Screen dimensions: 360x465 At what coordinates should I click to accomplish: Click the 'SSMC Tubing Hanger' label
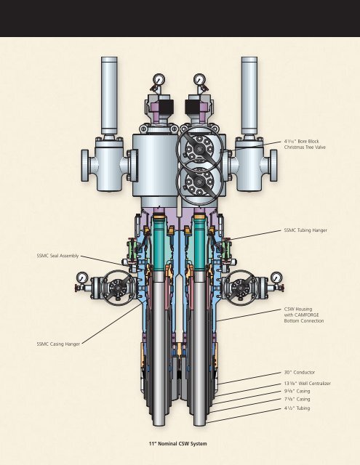[305, 230]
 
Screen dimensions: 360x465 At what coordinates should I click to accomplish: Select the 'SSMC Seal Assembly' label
[58, 256]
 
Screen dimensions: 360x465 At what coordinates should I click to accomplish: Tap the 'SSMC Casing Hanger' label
[58, 344]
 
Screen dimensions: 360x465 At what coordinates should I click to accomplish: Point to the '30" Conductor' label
[300, 372]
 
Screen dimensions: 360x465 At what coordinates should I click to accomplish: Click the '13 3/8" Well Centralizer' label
[307, 384]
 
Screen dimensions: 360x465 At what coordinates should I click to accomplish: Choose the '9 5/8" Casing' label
[297, 391]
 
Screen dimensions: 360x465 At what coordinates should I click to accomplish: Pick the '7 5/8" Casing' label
[297, 399]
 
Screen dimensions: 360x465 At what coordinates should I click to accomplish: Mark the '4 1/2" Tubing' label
[297, 408]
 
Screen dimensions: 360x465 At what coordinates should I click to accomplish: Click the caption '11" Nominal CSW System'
[177, 444]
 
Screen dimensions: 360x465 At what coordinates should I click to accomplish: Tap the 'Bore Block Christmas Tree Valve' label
[305, 144]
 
